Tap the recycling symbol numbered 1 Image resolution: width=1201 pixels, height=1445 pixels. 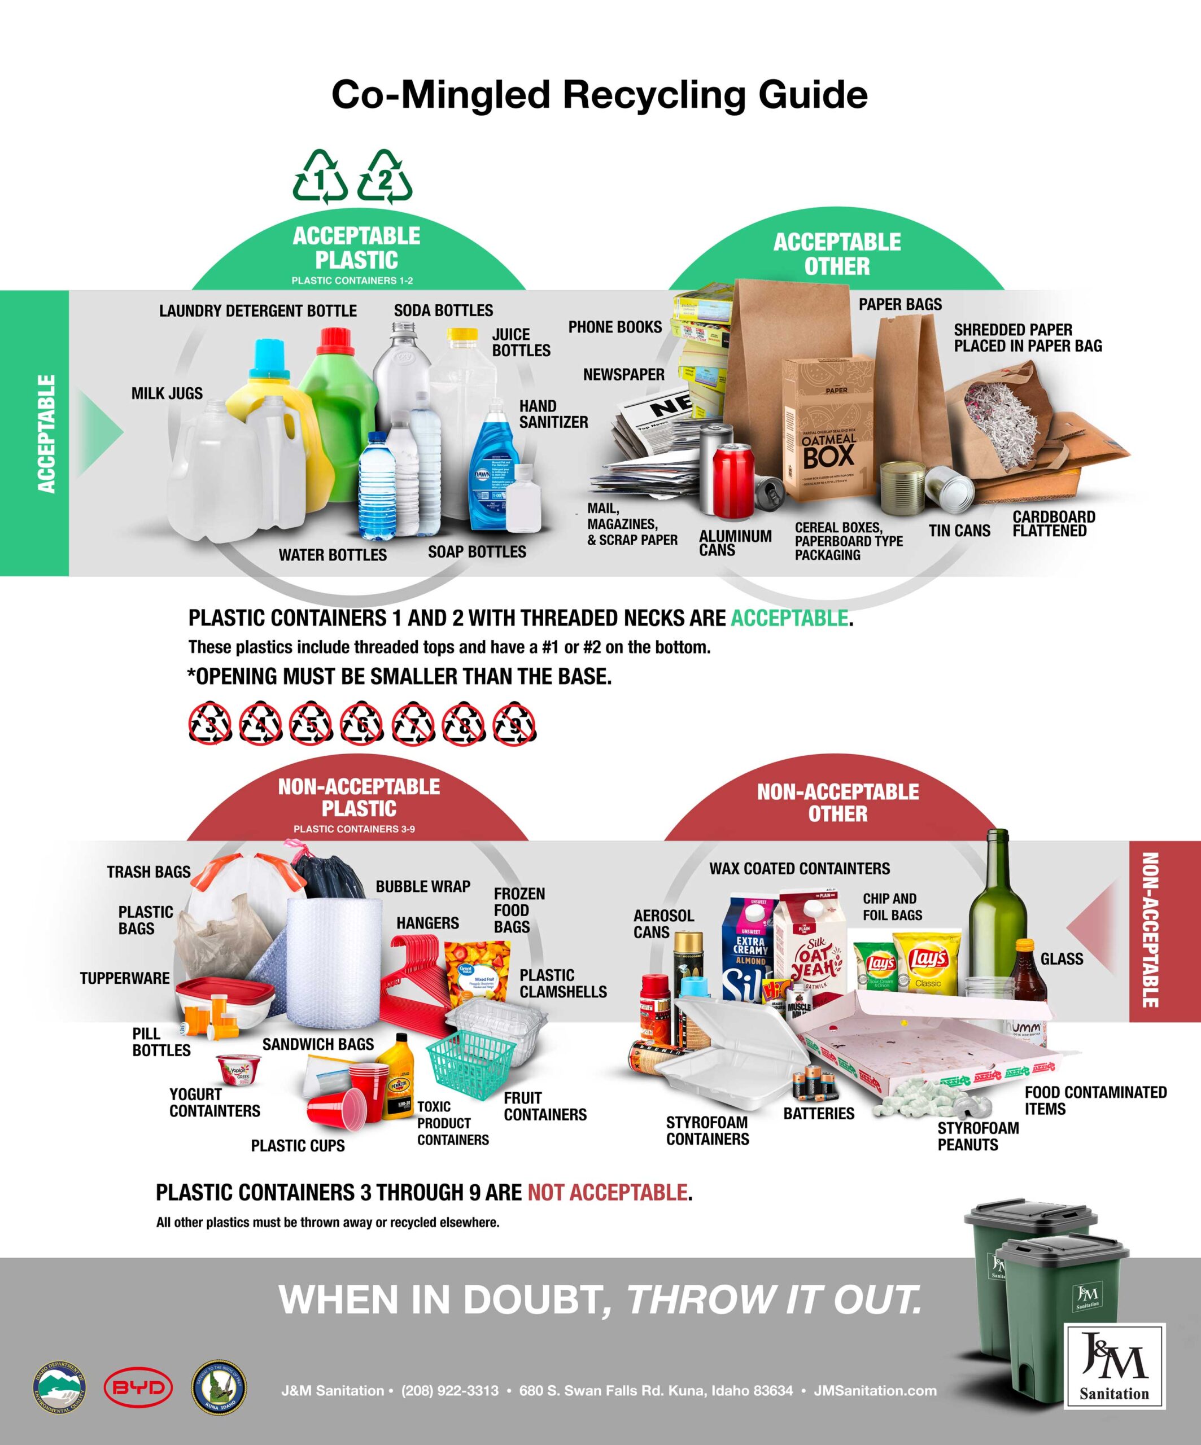click(x=320, y=178)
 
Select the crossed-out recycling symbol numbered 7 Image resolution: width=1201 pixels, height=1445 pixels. click(x=413, y=723)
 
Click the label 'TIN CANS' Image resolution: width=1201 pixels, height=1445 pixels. click(x=959, y=531)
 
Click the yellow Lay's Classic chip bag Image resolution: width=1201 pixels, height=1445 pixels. click(x=927, y=964)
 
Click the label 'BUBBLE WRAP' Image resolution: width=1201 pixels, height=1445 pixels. click(x=422, y=886)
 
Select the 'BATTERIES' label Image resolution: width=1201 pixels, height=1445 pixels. click(x=818, y=1113)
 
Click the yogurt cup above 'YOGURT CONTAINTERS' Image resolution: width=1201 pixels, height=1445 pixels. click(x=239, y=1068)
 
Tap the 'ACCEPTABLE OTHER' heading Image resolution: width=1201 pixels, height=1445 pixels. click(x=837, y=254)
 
